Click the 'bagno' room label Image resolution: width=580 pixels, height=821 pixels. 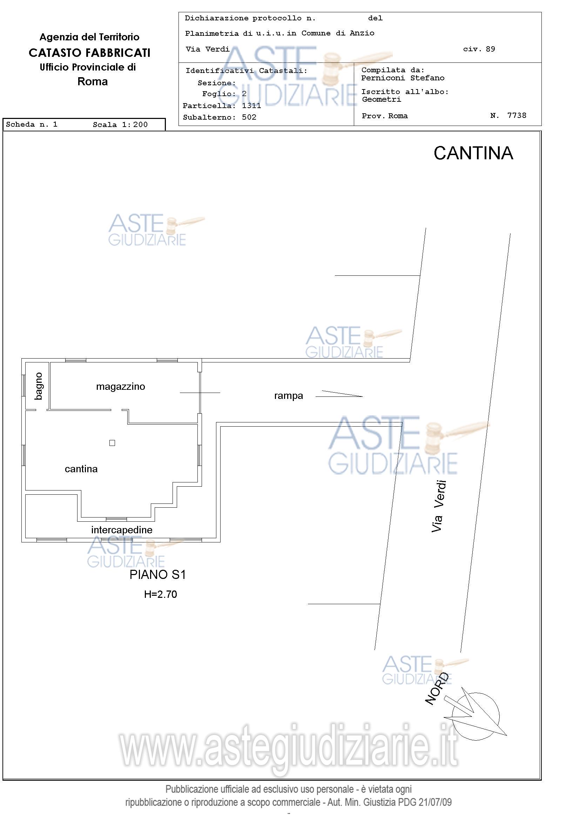click(x=39, y=386)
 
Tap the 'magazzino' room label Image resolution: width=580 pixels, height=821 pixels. click(x=120, y=387)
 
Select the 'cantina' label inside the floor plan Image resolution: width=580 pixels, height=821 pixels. click(x=81, y=469)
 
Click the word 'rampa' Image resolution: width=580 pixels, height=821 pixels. click(x=288, y=396)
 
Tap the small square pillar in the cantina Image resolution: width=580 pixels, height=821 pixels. click(x=112, y=443)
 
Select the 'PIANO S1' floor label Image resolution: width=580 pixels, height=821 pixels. click(x=157, y=575)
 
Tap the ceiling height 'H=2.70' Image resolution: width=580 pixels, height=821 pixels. click(x=161, y=594)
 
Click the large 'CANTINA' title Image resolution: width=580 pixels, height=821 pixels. click(x=473, y=153)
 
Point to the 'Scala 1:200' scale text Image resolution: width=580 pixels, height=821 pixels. click(x=120, y=125)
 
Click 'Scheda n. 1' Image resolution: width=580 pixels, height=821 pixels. click(x=32, y=125)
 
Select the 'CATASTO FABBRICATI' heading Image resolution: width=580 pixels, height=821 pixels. click(x=89, y=53)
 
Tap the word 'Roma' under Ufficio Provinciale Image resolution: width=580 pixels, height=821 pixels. click(x=93, y=81)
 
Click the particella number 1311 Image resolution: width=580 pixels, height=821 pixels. click(x=251, y=106)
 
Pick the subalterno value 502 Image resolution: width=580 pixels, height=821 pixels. click(x=249, y=117)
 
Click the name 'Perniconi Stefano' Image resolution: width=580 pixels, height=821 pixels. click(x=403, y=78)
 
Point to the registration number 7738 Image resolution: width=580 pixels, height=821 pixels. click(x=517, y=115)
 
